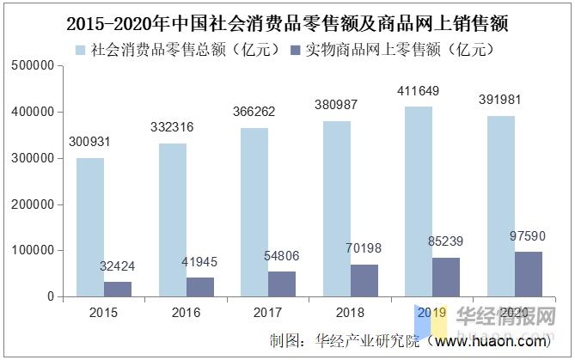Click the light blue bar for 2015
(x=90, y=228)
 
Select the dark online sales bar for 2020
(x=529, y=274)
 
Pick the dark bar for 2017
(x=282, y=284)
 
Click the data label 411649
(x=419, y=91)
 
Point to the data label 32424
(x=118, y=266)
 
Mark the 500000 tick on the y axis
(x=32, y=66)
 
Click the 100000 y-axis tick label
(x=32, y=251)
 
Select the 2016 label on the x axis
(x=187, y=313)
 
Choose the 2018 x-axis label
(x=351, y=313)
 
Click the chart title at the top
(x=287, y=21)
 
